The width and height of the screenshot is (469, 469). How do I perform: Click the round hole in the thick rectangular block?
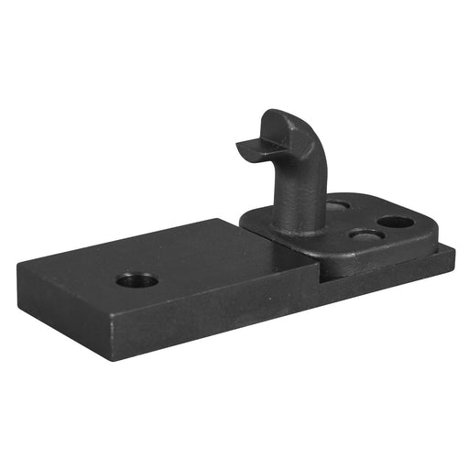click(x=136, y=278)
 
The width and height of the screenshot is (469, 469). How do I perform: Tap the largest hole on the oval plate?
click(x=395, y=223)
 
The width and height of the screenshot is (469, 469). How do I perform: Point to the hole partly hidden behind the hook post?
click(x=337, y=206)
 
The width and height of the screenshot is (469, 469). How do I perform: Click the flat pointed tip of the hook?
click(x=244, y=146)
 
